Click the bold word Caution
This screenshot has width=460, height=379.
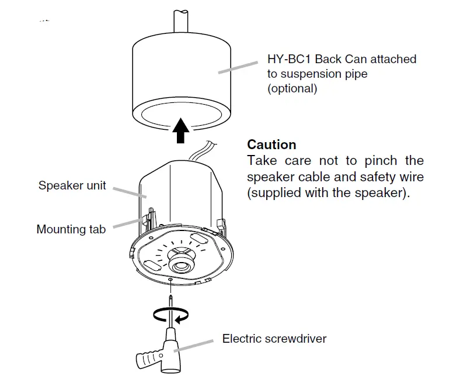coord(271,144)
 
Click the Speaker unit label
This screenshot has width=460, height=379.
coord(72,185)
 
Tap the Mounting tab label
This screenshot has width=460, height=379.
coord(71,229)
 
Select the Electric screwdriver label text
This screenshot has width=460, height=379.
coord(274,338)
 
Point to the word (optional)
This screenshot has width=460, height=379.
coord(292,89)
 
